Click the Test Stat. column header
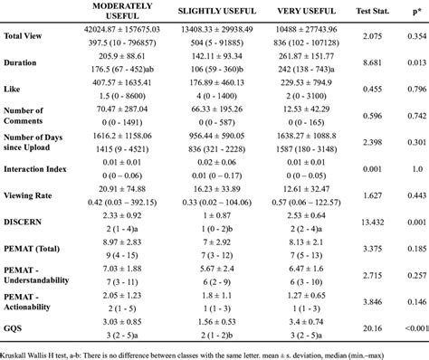point(375,11)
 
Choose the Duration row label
point(22,64)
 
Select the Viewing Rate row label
point(30,194)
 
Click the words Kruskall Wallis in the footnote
point(25,351)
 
